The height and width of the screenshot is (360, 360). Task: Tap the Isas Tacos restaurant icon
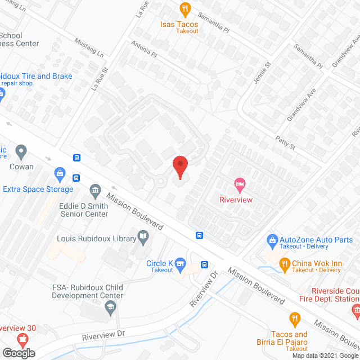click(x=184, y=8)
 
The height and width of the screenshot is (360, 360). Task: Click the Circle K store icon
click(x=181, y=262)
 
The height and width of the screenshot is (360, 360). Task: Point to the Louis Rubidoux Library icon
click(x=143, y=238)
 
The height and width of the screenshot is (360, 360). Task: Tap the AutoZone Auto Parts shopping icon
click(x=273, y=240)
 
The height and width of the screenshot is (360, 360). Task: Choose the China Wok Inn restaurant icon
click(x=285, y=263)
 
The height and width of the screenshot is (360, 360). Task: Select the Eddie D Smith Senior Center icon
click(x=96, y=192)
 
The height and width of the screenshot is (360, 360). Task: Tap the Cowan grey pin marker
click(x=21, y=151)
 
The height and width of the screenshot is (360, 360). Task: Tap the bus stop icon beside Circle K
click(x=205, y=265)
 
